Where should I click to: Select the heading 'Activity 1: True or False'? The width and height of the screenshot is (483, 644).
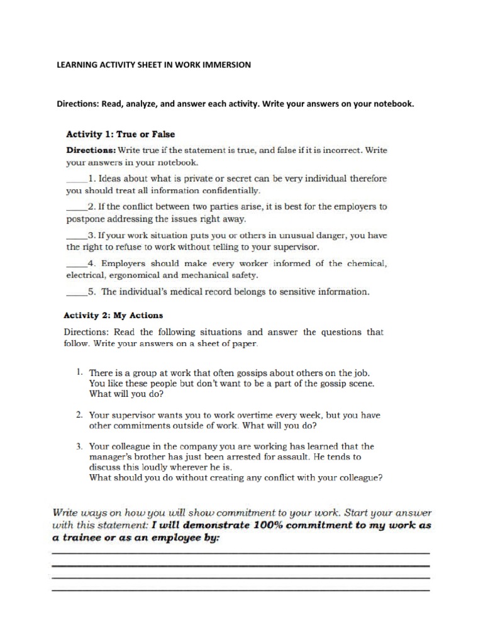(121, 134)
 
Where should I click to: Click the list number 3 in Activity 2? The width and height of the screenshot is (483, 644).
(79, 447)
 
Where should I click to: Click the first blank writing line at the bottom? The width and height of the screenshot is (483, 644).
(240, 553)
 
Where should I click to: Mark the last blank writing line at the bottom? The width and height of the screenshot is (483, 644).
(240, 590)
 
